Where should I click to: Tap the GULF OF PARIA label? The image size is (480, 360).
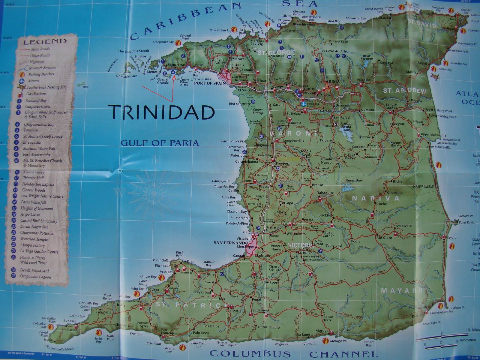point(160,143)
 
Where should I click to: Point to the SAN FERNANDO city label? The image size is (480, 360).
point(231,242)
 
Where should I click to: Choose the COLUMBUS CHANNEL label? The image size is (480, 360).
point(292,352)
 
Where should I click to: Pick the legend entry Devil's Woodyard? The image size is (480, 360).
point(34,271)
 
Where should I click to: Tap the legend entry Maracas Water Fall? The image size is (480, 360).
point(39,148)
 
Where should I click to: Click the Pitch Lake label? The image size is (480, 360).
point(163,266)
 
